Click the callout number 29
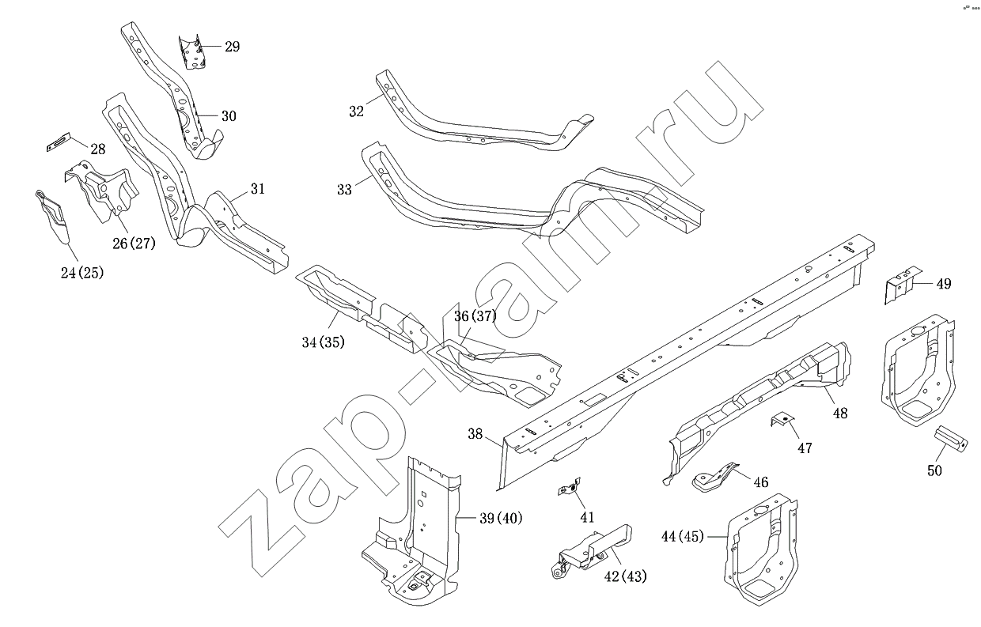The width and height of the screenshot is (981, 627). pos(232,47)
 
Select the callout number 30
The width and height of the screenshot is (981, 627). pos(228,116)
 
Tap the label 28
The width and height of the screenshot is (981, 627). pos(97,149)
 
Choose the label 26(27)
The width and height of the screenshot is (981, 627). pos(133,243)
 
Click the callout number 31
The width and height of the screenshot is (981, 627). pos(258,189)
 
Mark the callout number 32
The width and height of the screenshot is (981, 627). pos(356,111)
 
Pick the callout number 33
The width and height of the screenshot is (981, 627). pos(344,190)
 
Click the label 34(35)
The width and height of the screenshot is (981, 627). pos(323,342)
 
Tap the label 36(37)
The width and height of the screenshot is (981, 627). pos(475,316)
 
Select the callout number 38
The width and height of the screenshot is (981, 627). pos(475,433)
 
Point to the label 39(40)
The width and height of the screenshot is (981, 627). pos(501,518)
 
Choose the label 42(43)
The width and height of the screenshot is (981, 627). pos(625,576)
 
